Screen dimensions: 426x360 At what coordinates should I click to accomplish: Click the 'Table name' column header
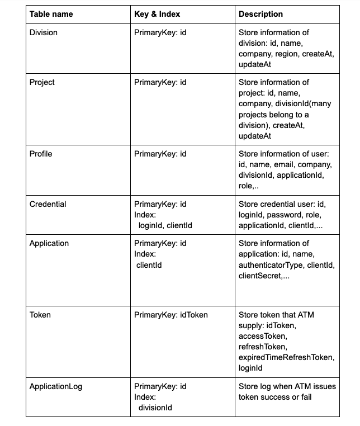click(x=51, y=14)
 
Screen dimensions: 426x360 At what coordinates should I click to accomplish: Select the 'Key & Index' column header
click(x=157, y=14)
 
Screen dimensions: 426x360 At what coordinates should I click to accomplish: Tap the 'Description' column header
click(x=260, y=14)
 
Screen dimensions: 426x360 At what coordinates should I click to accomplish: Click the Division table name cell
click(x=43, y=32)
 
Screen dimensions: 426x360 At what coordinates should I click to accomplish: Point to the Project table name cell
click(x=42, y=82)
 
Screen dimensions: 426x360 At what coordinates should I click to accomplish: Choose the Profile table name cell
click(x=41, y=154)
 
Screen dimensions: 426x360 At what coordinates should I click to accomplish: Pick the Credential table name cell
click(x=48, y=204)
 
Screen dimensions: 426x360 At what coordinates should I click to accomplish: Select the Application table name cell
click(x=49, y=243)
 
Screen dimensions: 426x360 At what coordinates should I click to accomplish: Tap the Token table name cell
click(x=40, y=315)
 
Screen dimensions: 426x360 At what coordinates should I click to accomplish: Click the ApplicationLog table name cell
click(x=55, y=386)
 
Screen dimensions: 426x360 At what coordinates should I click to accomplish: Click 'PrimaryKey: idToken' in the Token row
click(x=170, y=315)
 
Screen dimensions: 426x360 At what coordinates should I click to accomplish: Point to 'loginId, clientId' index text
click(x=165, y=225)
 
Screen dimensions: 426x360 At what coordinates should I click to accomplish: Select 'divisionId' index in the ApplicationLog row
click(x=155, y=408)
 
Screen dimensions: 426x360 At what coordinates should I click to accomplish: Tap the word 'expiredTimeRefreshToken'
click(x=286, y=357)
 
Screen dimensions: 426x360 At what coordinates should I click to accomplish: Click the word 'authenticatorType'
click(x=269, y=265)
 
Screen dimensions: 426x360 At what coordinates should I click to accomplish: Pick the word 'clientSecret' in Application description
click(x=260, y=276)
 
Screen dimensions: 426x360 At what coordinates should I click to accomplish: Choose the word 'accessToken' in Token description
click(x=262, y=336)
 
